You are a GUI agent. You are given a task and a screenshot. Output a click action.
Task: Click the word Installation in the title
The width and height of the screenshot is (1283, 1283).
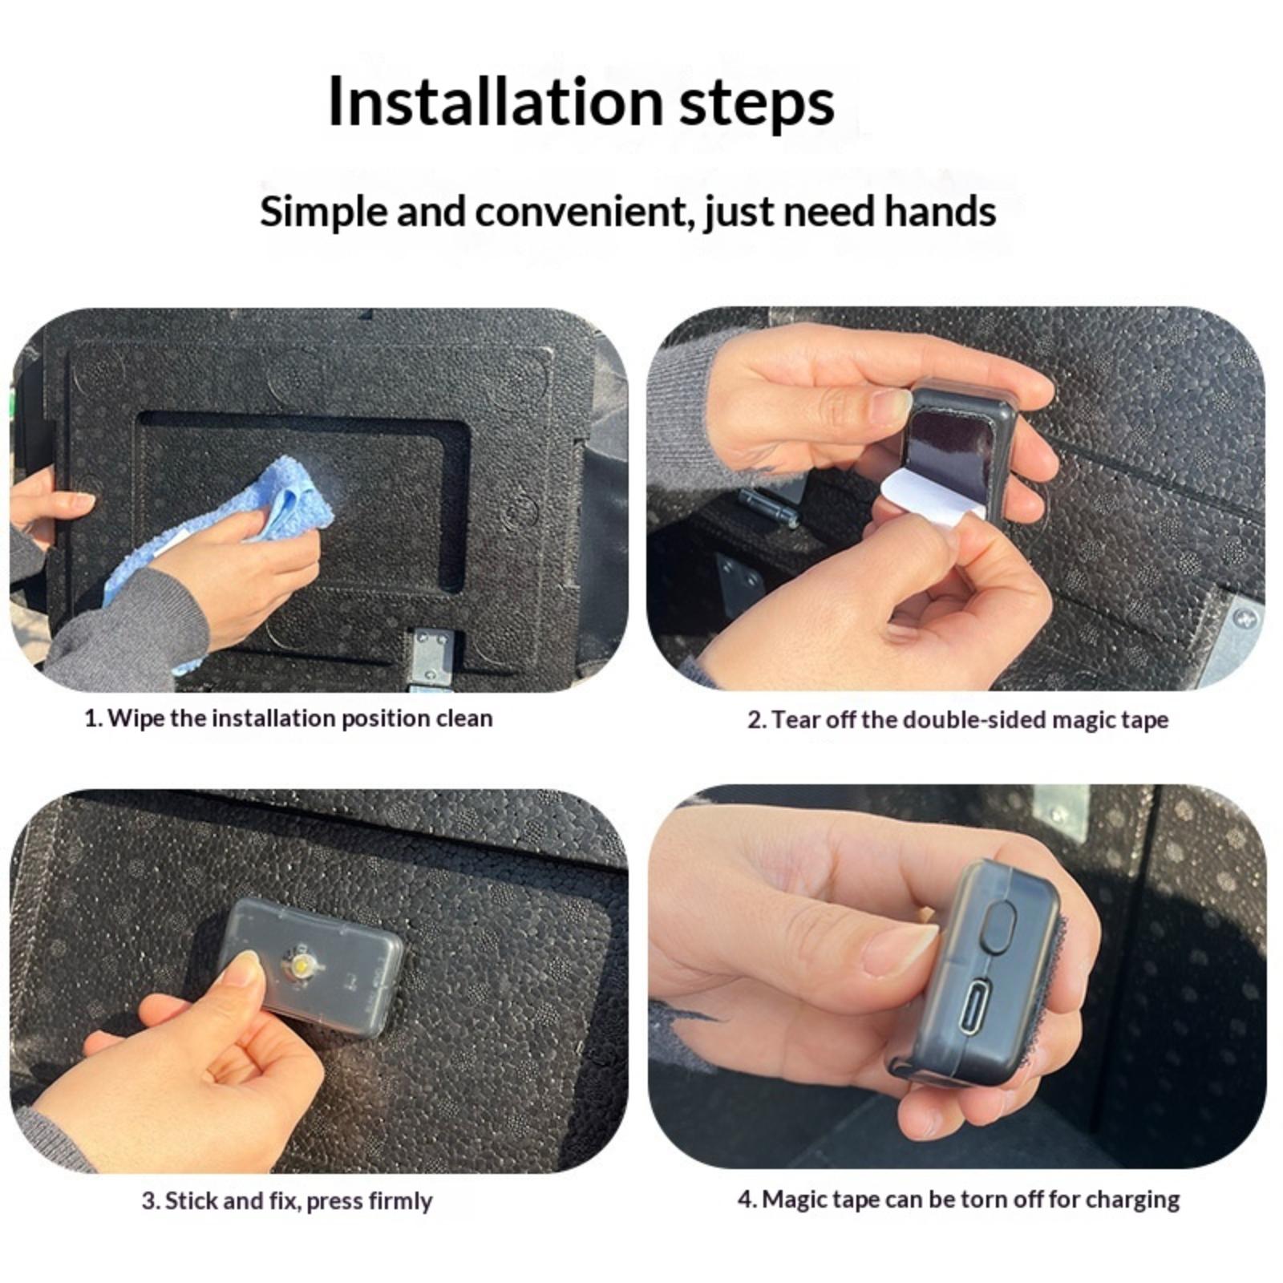[x=496, y=102]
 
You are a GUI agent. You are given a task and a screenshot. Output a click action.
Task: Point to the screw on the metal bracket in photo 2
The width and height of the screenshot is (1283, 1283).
[x=1244, y=617]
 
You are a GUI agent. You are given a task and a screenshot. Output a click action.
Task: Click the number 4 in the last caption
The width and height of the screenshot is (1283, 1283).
[x=746, y=1200]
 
